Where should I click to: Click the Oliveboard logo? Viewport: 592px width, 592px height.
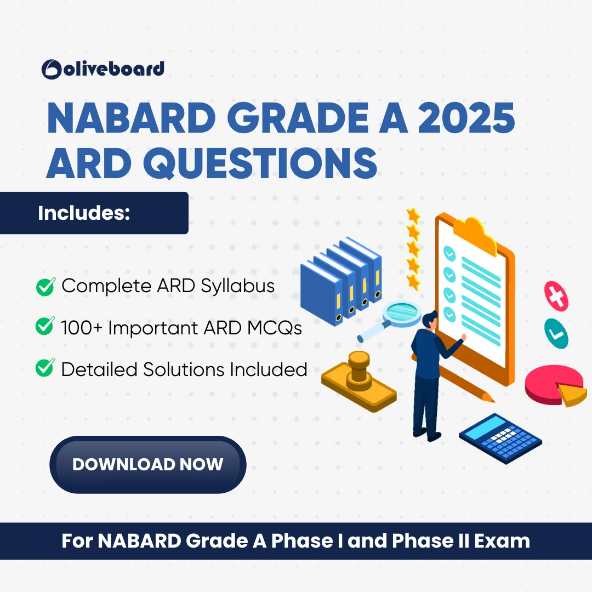(x=103, y=69)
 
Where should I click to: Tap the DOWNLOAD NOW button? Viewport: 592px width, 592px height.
(x=147, y=464)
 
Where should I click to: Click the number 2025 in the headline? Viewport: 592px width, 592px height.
(x=466, y=118)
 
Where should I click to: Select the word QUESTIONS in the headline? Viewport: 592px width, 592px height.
(x=260, y=163)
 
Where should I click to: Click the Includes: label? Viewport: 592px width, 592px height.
(x=84, y=213)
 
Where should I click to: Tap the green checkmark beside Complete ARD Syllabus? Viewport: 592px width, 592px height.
(x=45, y=286)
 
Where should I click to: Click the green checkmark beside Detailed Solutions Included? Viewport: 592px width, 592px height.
(x=45, y=368)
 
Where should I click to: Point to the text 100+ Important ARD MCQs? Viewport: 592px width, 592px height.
(x=181, y=328)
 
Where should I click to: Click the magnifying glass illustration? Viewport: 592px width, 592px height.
(x=391, y=321)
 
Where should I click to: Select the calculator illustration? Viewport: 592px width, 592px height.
(x=500, y=438)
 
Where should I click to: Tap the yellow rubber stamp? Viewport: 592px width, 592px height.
(x=358, y=382)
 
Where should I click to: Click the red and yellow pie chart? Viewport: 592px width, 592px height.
(x=555, y=385)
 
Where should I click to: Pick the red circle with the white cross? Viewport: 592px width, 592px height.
(x=556, y=297)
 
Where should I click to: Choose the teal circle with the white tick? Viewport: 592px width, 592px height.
(x=556, y=333)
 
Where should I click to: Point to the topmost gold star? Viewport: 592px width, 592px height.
(x=413, y=215)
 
